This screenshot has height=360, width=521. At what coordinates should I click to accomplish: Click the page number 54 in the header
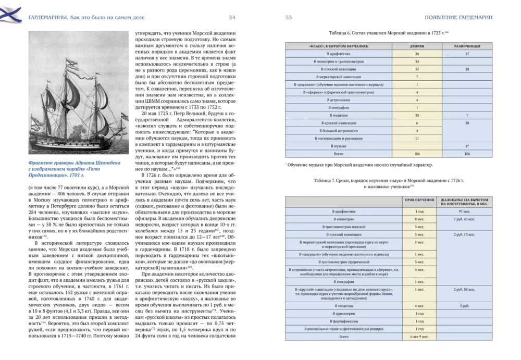pyautogui.click(x=232, y=17)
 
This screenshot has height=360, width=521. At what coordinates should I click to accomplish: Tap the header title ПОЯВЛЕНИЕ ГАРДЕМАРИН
pyautogui.click(x=458, y=17)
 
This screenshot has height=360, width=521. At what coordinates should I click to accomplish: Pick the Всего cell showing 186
pyautogui.click(x=417, y=154)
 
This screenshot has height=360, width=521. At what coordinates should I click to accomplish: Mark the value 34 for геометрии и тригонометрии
pyautogui.click(x=417, y=61)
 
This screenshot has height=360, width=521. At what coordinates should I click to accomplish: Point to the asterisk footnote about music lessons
pyautogui.click(x=359, y=165)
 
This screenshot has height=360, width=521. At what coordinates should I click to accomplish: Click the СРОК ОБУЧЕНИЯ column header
pyautogui.click(x=419, y=202)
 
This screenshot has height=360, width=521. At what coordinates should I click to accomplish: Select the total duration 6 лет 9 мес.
pyautogui.click(x=419, y=338)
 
